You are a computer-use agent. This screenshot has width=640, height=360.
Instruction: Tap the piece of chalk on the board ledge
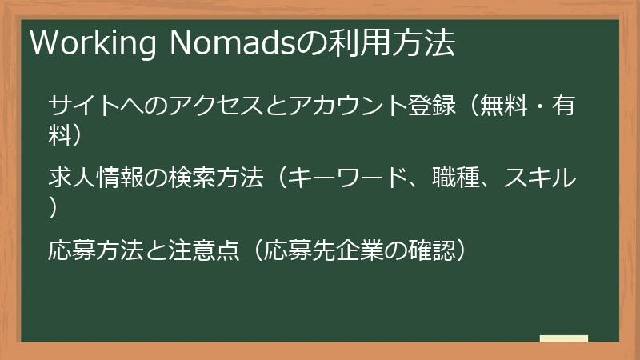563,338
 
